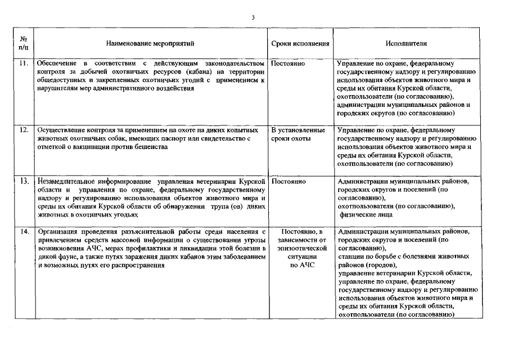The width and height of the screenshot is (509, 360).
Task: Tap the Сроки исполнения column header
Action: point(300,43)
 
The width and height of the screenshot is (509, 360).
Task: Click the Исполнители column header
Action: point(406,43)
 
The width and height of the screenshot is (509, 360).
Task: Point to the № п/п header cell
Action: point(24,43)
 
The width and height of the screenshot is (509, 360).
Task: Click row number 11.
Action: point(24,64)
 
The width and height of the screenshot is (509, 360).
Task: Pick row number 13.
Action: point(24,182)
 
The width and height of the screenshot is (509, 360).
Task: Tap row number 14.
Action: point(24,231)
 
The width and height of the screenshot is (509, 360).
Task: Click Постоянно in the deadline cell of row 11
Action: point(288,64)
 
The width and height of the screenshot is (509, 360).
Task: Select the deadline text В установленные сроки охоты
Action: point(299,134)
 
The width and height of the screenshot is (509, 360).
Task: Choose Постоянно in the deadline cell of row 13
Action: point(288,182)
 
